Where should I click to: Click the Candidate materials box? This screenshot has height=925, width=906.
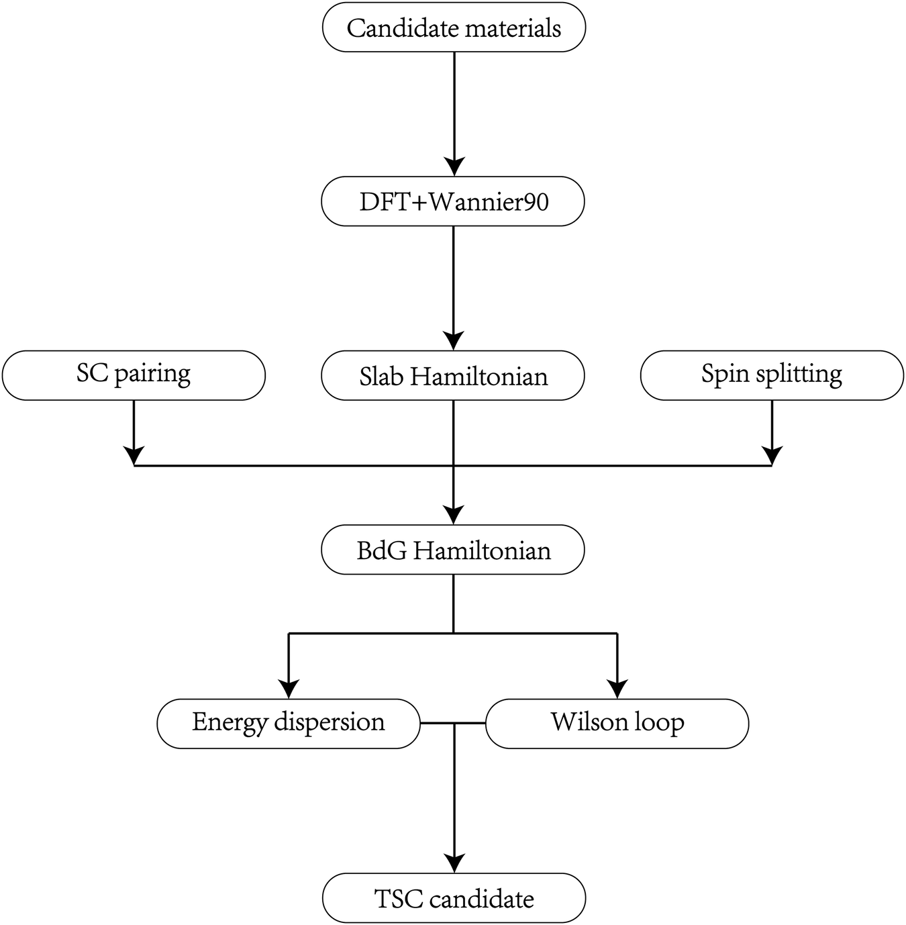(454, 28)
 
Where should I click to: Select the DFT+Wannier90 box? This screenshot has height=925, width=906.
(453, 201)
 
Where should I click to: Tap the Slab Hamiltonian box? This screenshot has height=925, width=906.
(453, 375)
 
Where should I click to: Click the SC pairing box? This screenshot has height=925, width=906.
(134, 375)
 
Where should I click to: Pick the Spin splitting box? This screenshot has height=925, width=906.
(772, 375)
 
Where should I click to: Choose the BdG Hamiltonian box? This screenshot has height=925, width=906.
(453, 550)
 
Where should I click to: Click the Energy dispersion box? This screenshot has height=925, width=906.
(289, 723)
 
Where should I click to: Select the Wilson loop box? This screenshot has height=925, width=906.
(617, 723)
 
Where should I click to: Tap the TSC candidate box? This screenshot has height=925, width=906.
(454, 898)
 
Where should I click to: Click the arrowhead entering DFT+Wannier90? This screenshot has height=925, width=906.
(454, 166)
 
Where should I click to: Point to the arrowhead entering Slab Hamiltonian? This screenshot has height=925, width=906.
(454, 340)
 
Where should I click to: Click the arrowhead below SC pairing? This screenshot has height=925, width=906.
(134, 455)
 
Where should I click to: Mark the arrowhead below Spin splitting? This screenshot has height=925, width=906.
(772, 455)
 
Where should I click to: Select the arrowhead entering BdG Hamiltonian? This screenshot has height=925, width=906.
(454, 515)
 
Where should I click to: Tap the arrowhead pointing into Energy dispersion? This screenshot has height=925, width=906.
(289, 689)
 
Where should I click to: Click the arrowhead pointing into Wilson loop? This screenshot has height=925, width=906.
(617, 689)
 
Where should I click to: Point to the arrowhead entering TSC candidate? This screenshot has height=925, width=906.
(454, 863)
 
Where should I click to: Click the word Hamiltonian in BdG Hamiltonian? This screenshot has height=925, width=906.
(481, 550)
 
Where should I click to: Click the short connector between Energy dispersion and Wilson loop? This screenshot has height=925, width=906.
(453, 724)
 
